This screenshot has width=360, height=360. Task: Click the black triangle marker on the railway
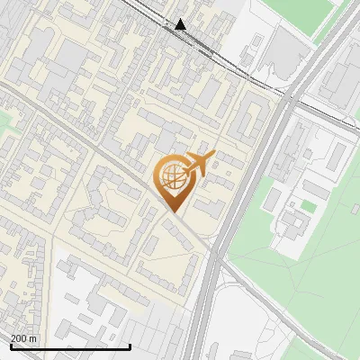click(x=182, y=24)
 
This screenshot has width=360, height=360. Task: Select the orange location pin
click(x=172, y=180)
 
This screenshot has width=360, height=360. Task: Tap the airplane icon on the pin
click(x=199, y=164)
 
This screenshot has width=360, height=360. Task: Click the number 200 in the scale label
click(x=19, y=338)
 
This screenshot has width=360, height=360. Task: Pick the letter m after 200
click(x=33, y=338)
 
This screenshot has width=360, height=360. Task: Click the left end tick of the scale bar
click(x=11, y=346)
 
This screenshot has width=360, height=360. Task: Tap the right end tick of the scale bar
click(x=130, y=346)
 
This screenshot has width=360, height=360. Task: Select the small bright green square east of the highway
click(x=309, y=207)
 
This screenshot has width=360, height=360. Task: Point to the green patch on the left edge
click(x=4, y=119)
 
